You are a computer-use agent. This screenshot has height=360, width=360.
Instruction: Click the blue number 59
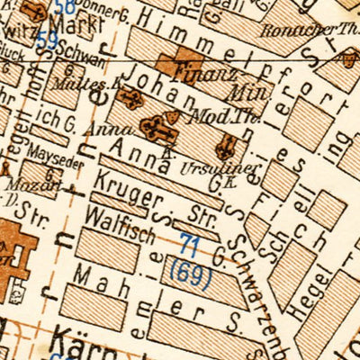(48, 40)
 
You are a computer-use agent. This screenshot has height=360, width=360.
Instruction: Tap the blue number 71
(190, 244)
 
